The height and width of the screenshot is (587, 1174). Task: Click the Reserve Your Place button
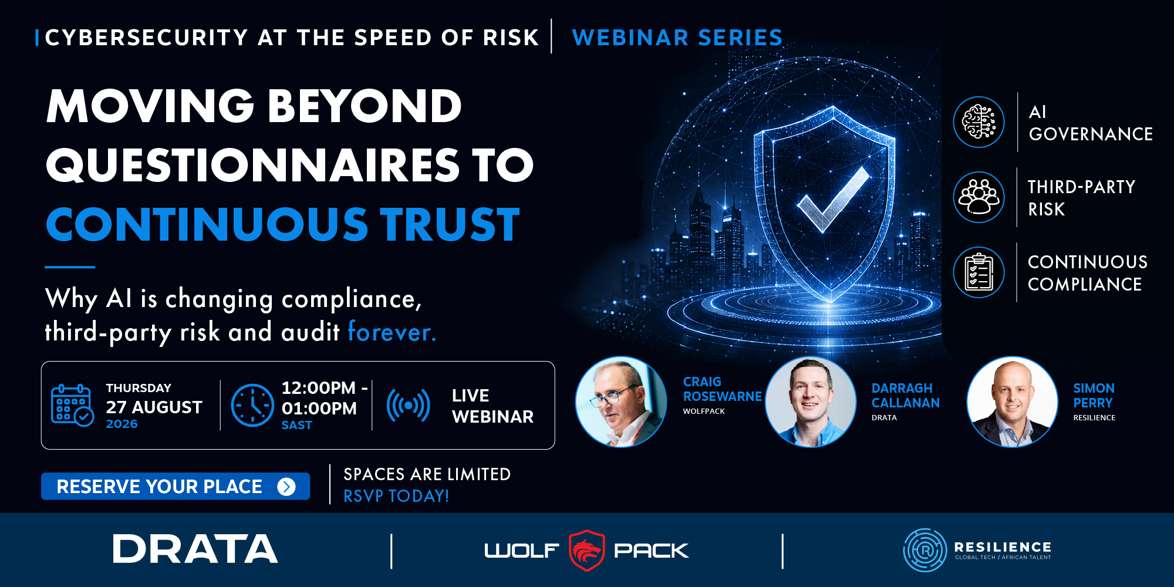[176, 486]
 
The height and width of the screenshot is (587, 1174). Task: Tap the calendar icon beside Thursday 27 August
[72, 405]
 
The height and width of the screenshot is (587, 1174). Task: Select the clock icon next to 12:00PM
[252, 405]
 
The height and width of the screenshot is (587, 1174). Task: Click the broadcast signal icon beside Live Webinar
[408, 405]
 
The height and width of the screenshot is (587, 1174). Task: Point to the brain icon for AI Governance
[979, 122]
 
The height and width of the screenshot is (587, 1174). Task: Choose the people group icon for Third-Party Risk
[979, 197]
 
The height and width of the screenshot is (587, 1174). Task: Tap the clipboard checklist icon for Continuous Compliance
[979, 272]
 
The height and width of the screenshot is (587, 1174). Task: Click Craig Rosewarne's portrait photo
[621, 402]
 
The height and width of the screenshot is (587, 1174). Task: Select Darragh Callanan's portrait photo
[811, 402]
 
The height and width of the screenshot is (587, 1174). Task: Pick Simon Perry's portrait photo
[1012, 402]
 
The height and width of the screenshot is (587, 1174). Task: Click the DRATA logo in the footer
[195, 549]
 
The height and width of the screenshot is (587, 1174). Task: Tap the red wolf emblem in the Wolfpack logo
[586, 550]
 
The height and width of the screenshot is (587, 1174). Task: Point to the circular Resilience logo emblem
[925, 550]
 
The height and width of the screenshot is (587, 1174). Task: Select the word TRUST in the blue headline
[450, 224]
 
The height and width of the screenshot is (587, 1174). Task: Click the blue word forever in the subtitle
[392, 332]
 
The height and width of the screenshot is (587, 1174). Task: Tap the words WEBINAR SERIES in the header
[677, 38]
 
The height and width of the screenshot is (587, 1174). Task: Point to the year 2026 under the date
[122, 424]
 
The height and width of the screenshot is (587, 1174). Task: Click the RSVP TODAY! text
[396, 496]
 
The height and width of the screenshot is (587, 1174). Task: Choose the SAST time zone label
[297, 425]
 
